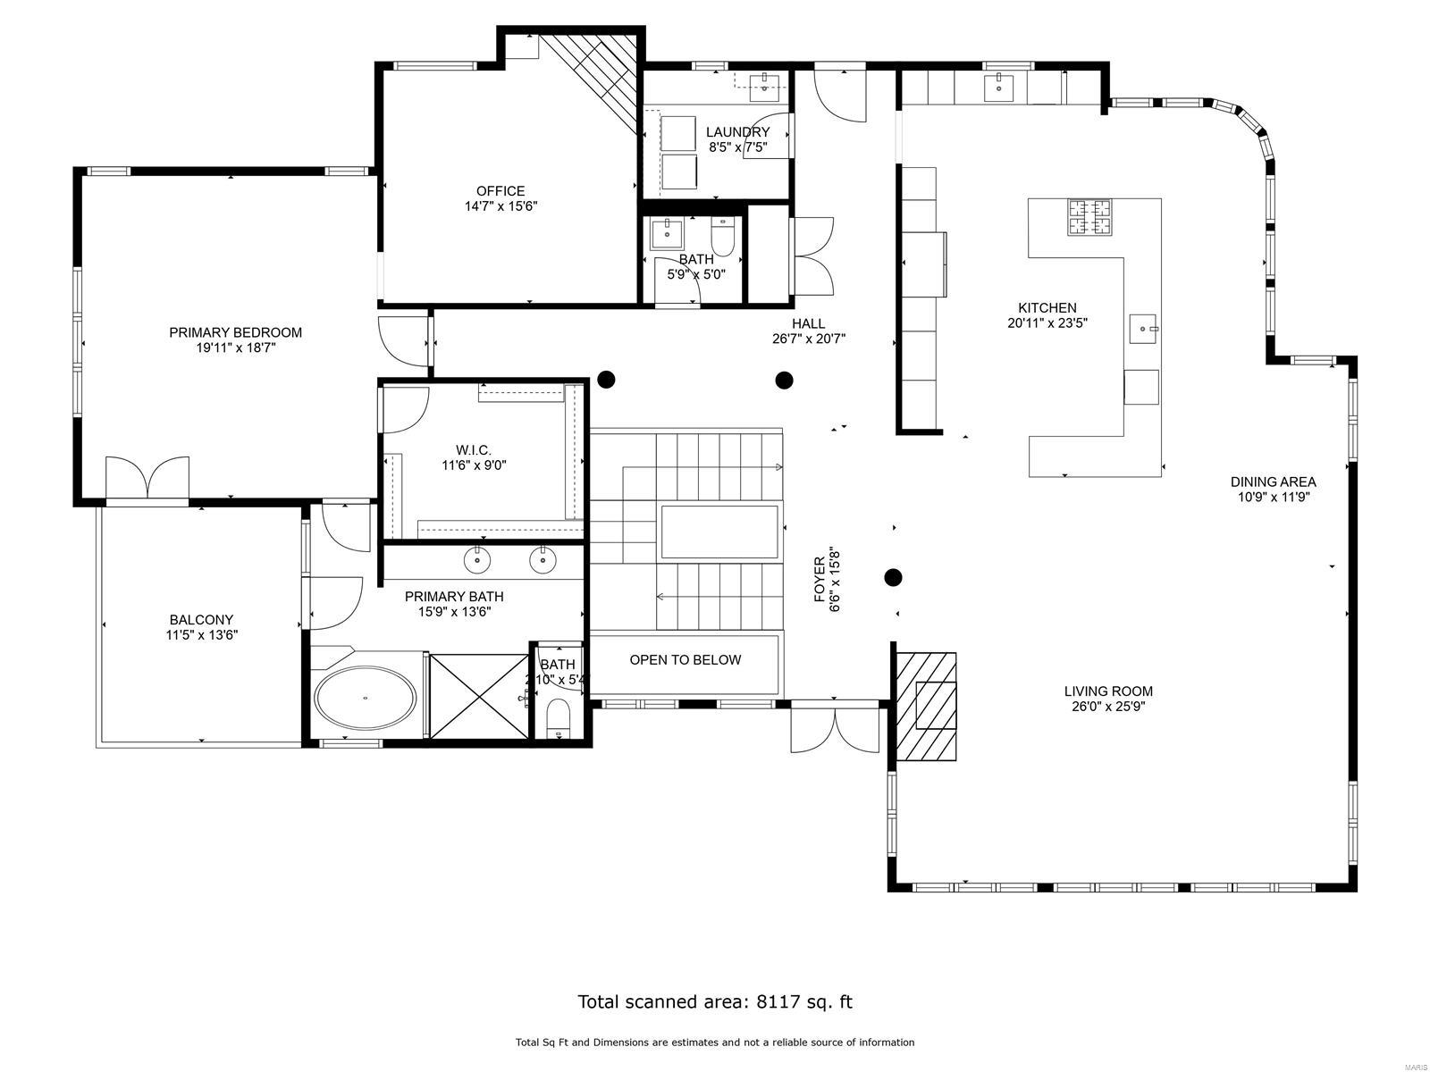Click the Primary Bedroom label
pos(235,332)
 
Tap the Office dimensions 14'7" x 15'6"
pos(500,206)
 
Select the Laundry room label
pos(737,132)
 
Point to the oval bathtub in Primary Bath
pos(365,698)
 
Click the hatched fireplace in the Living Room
pos(927,706)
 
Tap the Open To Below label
pos(685,660)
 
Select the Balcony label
pos(201,620)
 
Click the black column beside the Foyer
pos(893,577)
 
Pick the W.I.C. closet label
pos(474,450)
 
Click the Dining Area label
pos(1273,482)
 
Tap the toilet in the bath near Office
pos(722,238)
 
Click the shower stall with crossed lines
pos(479,696)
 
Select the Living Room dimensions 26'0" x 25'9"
pos(1108,707)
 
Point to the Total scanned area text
pos(715,1001)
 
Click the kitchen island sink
pos(1143,329)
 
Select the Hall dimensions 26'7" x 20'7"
pos(809,339)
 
